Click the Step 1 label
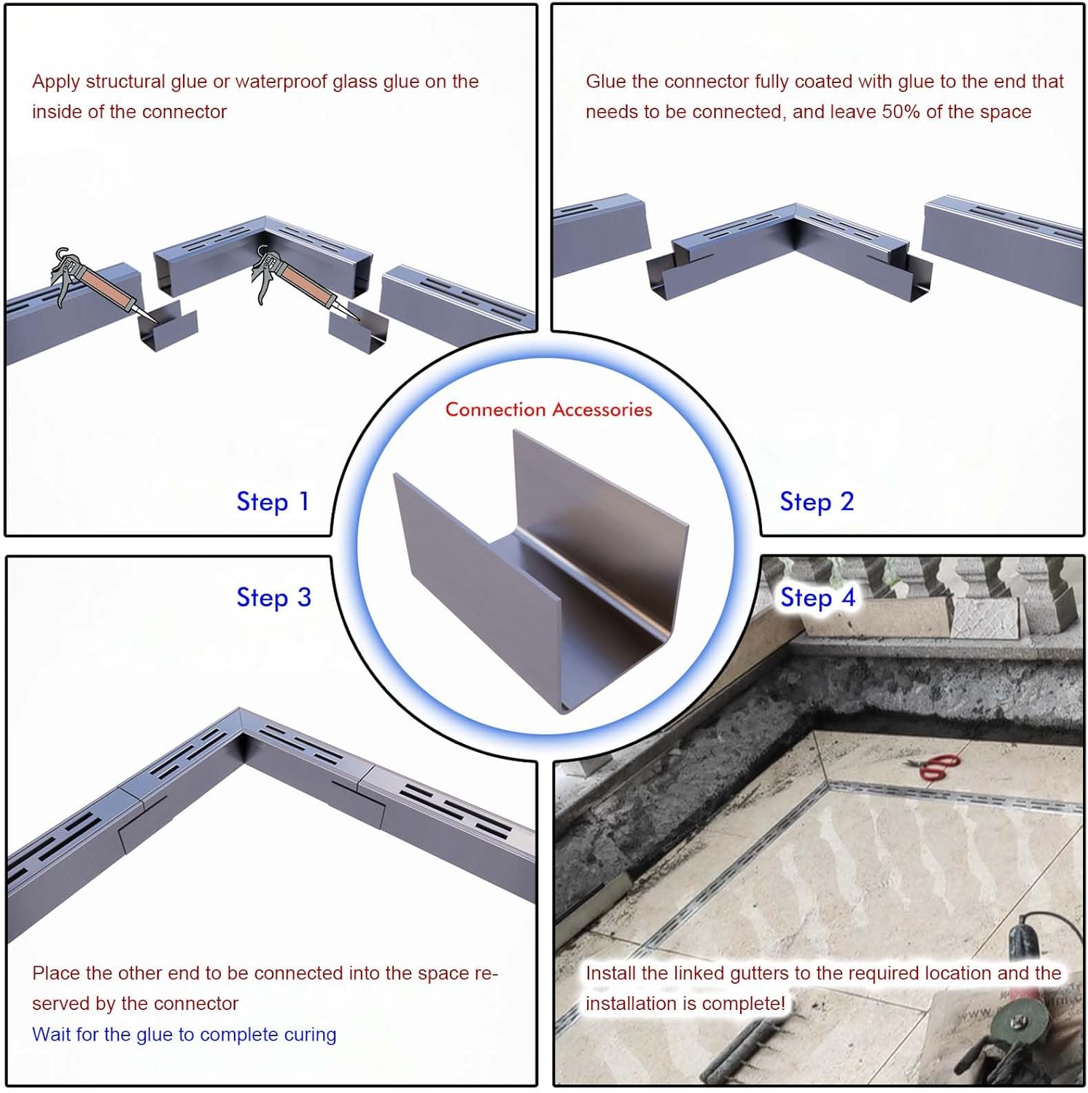click(x=273, y=502)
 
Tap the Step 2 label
click(x=817, y=502)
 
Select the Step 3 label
click(x=274, y=598)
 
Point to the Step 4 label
click(x=817, y=598)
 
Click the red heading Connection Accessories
click(x=548, y=410)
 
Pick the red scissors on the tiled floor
click(x=934, y=767)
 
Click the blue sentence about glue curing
click(x=184, y=1035)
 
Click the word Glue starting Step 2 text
click(x=606, y=82)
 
